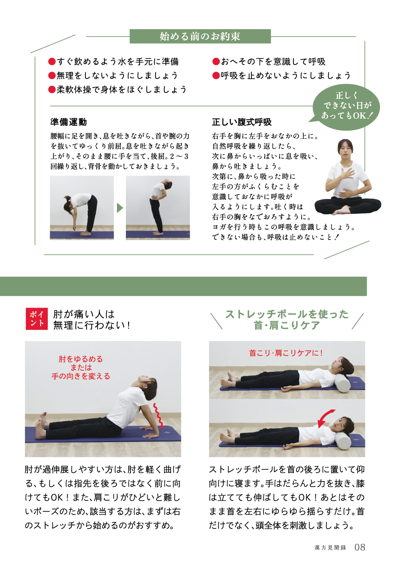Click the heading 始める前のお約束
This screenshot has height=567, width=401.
coord(200,37)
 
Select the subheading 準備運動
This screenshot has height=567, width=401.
coord(68,122)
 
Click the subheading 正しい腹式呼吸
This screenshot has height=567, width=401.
coord(242,122)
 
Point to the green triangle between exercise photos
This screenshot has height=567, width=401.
coord(120,208)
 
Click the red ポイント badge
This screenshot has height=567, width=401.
coord(37,318)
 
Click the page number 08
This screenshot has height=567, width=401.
coord(359,547)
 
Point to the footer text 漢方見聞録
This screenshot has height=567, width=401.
coord(330,548)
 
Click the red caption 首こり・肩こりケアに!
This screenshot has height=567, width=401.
coord(286,353)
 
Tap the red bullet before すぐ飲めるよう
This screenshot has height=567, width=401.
coord(52,61)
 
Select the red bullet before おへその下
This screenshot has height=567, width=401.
coord(216,61)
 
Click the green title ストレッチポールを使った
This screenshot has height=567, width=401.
coord(287,314)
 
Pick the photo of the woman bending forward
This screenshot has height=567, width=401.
coord(82,208)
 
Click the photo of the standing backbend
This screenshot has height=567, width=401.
coord(158,208)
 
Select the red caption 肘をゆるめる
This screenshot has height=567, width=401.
coord(81,359)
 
